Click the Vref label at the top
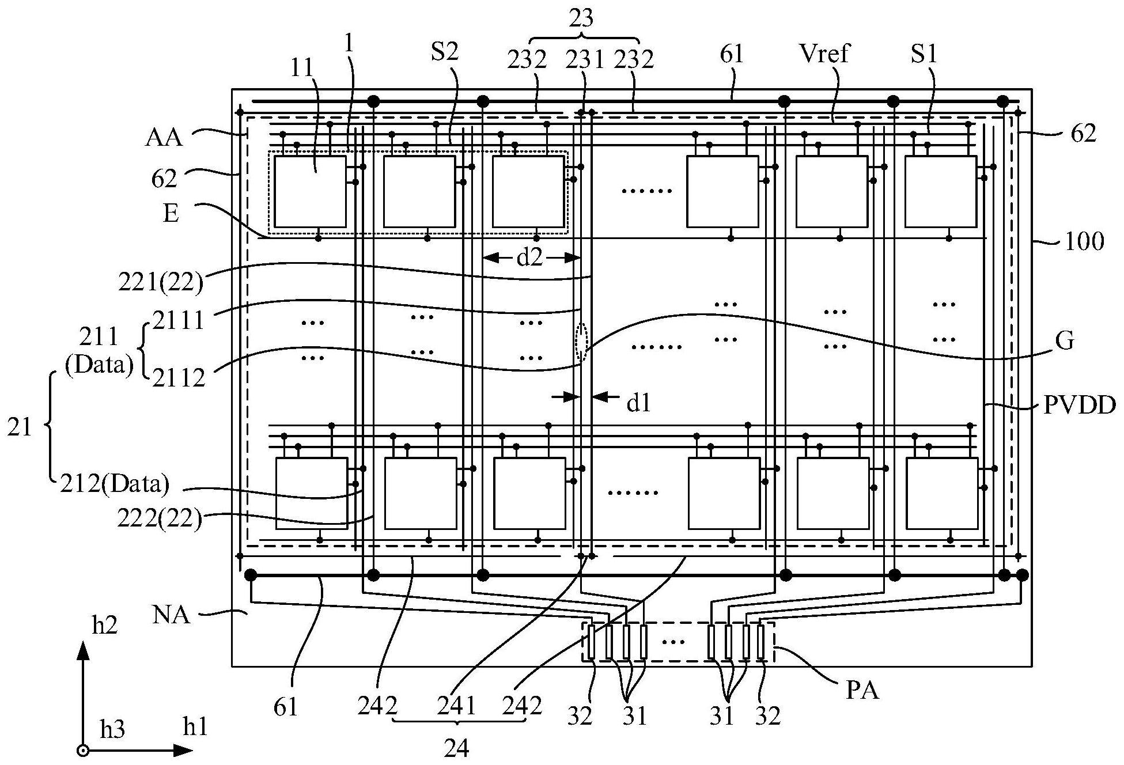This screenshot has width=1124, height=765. (x=824, y=54)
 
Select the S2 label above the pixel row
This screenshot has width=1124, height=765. (x=444, y=52)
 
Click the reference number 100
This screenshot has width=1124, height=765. (x=1084, y=241)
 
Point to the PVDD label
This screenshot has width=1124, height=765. (x=1080, y=406)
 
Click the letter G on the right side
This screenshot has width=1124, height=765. (x=1066, y=341)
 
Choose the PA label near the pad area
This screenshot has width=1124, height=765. (x=862, y=690)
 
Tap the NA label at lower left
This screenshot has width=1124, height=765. (x=172, y=615)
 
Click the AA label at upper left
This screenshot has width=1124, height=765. (x=165, y=138)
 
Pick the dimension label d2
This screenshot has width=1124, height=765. (x=529, y=257)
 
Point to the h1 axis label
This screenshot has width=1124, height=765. (x=195, y=728)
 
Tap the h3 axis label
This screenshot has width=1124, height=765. (x=112, y=730)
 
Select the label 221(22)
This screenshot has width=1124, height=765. (x=161, y=283)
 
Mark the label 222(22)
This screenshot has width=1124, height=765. (x=160, y=520)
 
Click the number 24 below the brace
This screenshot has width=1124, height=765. (x=457, y=748)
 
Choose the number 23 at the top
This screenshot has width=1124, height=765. (x=581, y=18)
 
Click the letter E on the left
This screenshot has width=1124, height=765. (x=171, y=213)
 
